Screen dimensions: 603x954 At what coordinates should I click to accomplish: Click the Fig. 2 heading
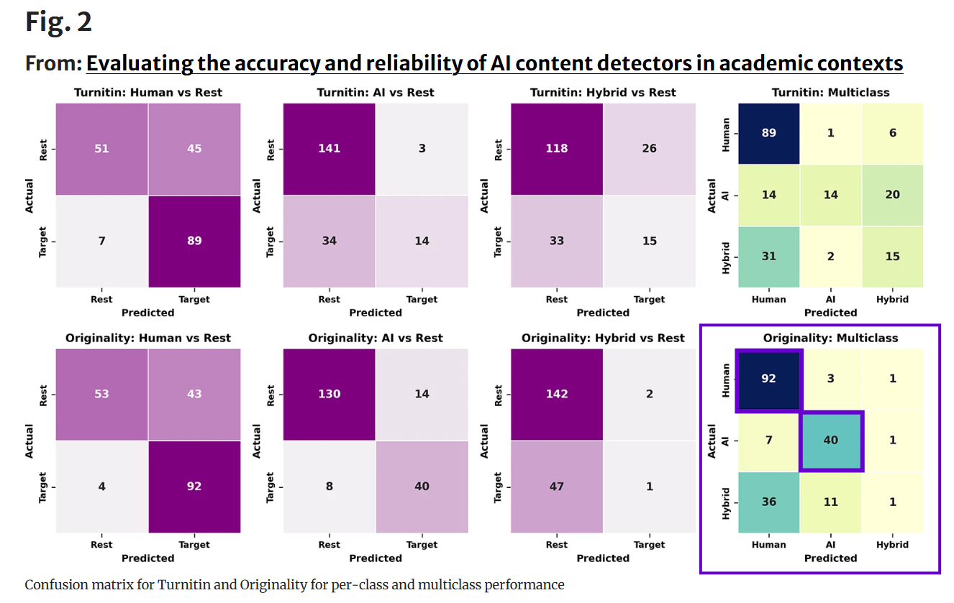(x=58, y=22)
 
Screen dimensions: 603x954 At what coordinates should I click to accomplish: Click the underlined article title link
(x=494, y=63)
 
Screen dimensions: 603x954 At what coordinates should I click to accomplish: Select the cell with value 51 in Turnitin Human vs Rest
(x=101, y=149)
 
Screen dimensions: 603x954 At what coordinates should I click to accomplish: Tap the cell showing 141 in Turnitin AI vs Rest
(x=329, y=149)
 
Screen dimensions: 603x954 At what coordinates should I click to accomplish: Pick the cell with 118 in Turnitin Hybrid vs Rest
(x=556, y=149)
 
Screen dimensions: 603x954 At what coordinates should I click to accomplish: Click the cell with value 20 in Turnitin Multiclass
(x=892, y=195)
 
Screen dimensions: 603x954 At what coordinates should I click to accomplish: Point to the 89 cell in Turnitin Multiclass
(x=768, y=134)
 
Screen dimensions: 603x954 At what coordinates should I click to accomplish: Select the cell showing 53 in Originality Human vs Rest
(x=101, y=394)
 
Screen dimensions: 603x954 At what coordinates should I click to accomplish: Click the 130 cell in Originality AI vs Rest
(x=329, y=394)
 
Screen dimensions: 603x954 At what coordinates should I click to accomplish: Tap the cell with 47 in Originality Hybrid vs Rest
(x=556, y=487)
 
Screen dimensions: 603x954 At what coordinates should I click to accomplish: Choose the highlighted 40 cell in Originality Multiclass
(x=830, y=441)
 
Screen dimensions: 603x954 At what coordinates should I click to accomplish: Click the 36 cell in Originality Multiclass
(x=768, y=502)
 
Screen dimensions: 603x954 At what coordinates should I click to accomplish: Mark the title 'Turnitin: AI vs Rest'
(x=376, y=93)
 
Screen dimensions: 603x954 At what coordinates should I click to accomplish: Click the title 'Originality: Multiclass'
(x=830, y=338)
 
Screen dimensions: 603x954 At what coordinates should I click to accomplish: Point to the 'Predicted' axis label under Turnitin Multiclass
(x=830, y=313)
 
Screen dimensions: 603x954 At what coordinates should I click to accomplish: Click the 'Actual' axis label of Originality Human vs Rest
(x=30, y=440)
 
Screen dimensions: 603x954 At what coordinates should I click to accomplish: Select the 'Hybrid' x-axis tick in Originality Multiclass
(x=892, y=545)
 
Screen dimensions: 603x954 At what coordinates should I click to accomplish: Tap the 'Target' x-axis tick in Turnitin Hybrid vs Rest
(x=649, y=299)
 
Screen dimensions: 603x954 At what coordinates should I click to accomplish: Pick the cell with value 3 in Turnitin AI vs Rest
(x=422, y=149)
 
